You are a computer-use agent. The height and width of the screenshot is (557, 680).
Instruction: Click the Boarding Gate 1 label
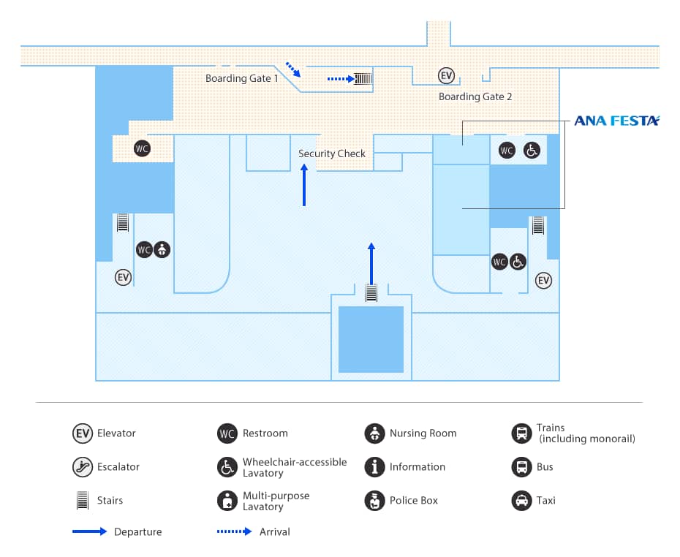click(x=241, y=78)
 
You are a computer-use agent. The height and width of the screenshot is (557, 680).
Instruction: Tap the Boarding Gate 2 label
click(x=475, y=96)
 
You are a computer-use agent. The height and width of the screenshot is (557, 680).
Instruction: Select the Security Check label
click(x=331, y=154)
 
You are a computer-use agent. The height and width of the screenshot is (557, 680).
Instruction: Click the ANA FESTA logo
click(x=616, y=121)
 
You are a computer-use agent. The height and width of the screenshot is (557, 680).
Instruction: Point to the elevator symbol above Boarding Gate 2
click(x=446, y=75)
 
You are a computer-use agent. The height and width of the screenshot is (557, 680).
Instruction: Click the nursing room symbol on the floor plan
click(x=162, y=250)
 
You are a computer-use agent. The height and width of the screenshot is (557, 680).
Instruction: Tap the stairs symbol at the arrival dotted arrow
click(x=363, y=78)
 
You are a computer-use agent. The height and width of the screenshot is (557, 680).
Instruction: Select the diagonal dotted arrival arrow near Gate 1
click(x=292, y=69)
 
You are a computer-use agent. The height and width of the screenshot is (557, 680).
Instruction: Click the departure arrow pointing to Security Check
click(x=304, y=185)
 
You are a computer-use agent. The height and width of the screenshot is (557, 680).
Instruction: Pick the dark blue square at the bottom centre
click(x=371, y=339)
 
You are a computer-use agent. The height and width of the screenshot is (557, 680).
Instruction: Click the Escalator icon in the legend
click(x=82, y=467)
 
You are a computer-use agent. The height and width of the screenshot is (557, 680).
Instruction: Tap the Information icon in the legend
click(x=374, y=467)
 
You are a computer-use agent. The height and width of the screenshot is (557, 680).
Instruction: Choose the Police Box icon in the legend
click(x=374, y=501)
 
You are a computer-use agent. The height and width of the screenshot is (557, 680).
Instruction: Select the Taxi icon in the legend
click(x=521, y=501)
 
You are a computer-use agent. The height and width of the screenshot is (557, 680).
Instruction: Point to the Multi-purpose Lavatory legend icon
click(x=227, y=501)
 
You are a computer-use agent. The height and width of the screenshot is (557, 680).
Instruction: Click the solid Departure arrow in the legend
click(x=89, y=531)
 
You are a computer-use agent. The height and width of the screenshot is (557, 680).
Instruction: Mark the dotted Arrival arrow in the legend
click(x=234, y=531)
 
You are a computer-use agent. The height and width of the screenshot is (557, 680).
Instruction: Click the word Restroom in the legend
click(x=265, y=433)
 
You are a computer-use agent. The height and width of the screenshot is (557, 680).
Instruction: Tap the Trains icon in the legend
click(x=521, y=433)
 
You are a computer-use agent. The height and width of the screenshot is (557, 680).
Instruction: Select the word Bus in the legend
click(x=545, y=467)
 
